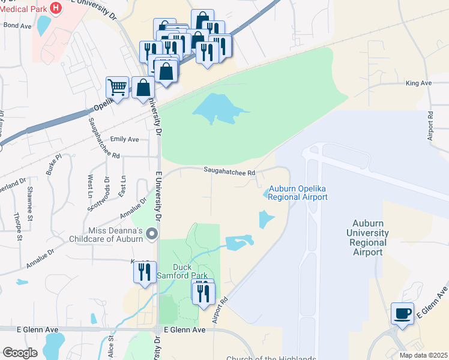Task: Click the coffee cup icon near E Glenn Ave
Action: click(402, 313)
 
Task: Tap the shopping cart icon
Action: click(118, 87)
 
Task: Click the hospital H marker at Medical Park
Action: click(56, 8)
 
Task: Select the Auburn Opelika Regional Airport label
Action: click(298, 193)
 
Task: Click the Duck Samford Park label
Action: click(190, 271)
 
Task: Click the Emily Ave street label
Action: click(124, 139)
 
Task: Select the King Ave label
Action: click(419, 83)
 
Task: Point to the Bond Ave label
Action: click(18, 26)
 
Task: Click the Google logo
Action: click(20, 353)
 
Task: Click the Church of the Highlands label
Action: click(271, 358)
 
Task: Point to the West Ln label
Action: click(90, 187)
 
